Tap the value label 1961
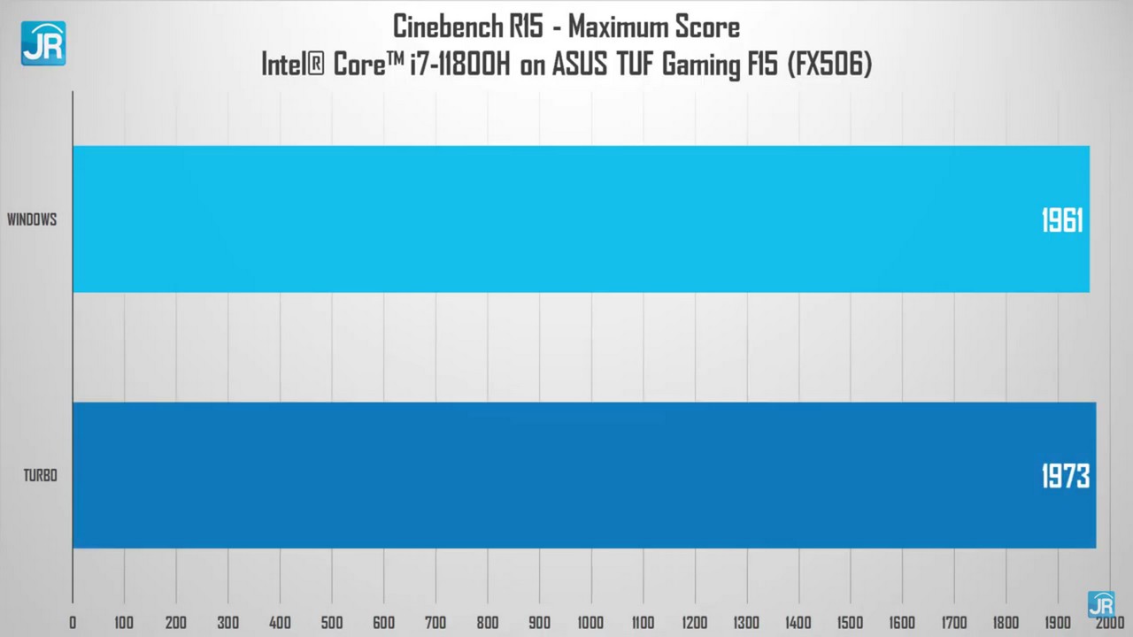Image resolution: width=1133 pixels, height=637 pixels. pos(1061,220)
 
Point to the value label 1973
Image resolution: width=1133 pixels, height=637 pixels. pos(1065,477)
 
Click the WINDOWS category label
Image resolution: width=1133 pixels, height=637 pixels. pos(32,219)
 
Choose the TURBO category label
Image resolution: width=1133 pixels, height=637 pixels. pos(40,476)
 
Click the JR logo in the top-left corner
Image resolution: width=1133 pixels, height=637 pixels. pos(42,43)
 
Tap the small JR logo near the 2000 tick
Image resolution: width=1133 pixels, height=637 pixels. pos(1101,604)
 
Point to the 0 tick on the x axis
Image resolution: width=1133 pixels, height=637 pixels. pos(73,623)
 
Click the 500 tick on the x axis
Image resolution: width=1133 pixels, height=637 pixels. pos(332,623)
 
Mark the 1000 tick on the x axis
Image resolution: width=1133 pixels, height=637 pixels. pos(590,623)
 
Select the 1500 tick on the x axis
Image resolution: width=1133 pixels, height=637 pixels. pos(850,623)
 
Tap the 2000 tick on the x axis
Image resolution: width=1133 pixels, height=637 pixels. pos(1109,623)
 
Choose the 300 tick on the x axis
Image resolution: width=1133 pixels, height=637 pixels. pos(228,623)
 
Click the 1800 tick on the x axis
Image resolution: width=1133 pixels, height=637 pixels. pos(1006,623)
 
